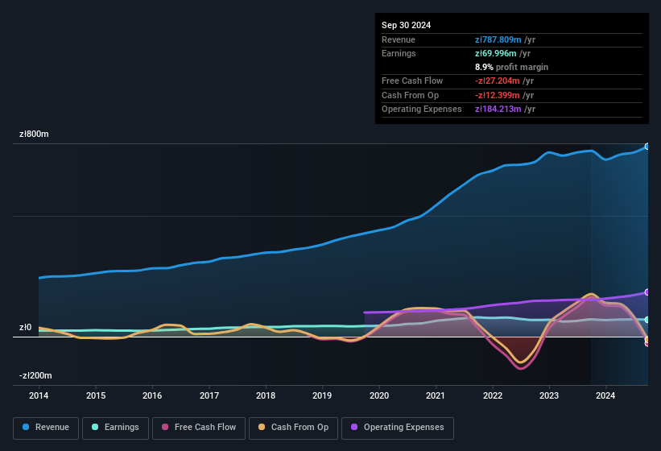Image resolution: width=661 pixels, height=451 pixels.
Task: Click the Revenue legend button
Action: pos(47,428)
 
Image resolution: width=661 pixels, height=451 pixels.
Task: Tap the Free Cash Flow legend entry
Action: pos(199,428)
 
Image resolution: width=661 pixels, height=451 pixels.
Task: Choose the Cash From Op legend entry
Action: pos(294,428)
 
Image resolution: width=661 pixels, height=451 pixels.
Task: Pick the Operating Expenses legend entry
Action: pos(398,428)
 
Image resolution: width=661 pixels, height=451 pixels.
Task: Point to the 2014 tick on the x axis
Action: pos(39,395)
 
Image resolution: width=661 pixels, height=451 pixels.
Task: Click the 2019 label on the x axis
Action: pos(322,395)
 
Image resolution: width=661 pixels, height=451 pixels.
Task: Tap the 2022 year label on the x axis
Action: pos(492,395)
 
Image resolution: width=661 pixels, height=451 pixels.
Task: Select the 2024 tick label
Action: pos(605,395)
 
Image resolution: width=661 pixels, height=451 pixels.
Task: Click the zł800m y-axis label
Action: pos(35,134)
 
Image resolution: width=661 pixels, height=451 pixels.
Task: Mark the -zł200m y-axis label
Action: pos(35,376)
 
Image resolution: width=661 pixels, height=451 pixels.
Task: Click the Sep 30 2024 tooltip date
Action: pos(406,25)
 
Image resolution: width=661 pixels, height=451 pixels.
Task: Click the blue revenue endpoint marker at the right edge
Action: pos(647,147)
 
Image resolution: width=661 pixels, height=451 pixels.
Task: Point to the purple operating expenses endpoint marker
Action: pos(647,292)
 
